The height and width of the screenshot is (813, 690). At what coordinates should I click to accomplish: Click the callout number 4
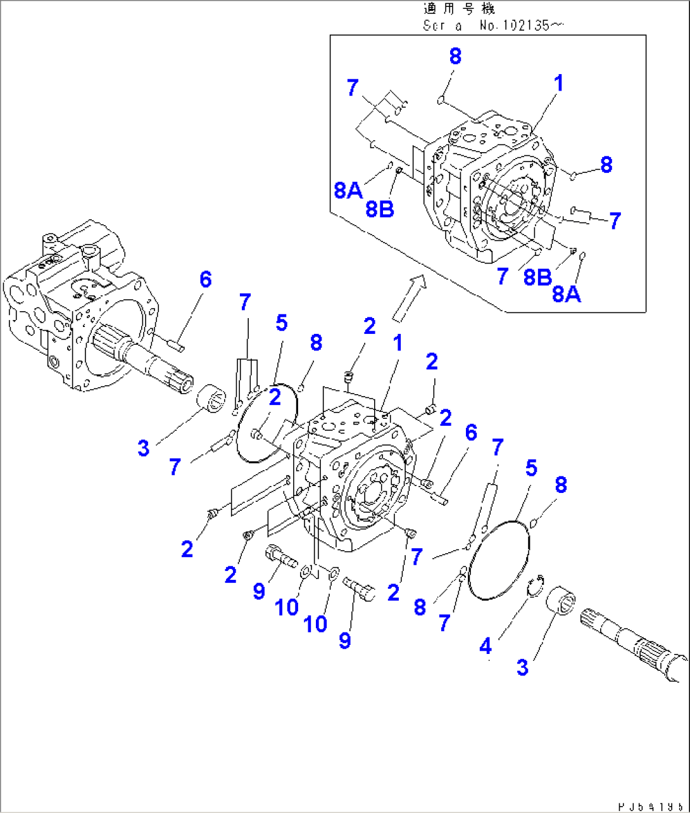(486, 646)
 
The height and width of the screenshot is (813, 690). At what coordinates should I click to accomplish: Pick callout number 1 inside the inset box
(558, 83)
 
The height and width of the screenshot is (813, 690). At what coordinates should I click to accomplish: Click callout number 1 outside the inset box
(398, 343)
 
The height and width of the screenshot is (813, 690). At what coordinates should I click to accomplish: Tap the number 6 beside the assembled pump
(206, 279)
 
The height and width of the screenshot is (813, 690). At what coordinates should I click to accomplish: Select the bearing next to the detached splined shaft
(561, 600)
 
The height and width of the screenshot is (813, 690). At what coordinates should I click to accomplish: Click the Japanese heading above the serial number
(459, 9)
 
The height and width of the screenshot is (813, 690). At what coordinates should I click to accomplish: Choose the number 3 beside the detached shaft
(522, 667)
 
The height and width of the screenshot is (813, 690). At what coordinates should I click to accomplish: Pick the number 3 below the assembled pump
(144, 448)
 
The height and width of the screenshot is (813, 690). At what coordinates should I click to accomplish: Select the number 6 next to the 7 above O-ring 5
(471, 433)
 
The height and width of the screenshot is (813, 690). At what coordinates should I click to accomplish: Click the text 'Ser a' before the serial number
(442, 26)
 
